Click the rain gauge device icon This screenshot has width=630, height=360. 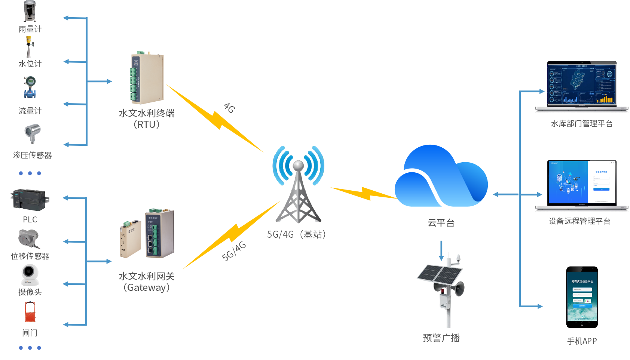(x=30, y=11)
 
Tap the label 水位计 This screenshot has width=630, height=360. (x=30, y=64)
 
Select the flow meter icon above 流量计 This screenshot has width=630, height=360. (x=30, y=87)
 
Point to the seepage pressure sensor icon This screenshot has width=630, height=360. (x=32, y=134)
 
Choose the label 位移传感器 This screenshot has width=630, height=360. (x=30, y=256)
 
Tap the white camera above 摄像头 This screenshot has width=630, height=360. (x=30, y=275)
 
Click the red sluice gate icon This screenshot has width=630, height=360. (x=30, y=312)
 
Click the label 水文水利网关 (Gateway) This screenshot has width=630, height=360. (x=147, y=281)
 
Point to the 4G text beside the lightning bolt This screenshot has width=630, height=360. (x=229, y=108)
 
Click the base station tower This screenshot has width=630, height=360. (x=299, y=191)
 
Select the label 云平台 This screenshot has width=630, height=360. (x=441, y=223)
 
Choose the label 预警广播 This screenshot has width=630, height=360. (x=441, y=338)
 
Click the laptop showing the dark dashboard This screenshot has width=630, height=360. (x=581, y=86)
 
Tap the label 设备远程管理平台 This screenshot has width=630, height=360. (x=579, y=221)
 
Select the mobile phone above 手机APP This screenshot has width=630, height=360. (x=582, y=297)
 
